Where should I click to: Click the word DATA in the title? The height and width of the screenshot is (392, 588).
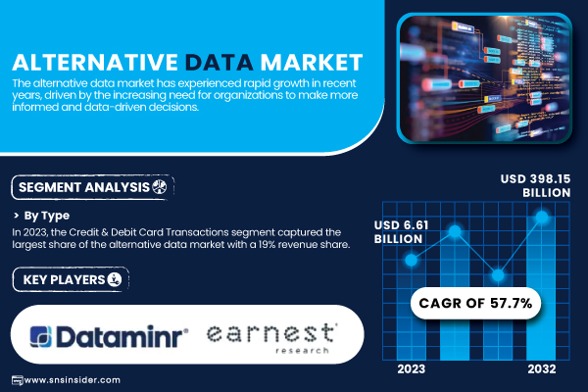220,63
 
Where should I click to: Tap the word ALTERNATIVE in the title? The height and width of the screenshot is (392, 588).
95,63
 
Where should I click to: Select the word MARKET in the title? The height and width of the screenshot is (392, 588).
312,63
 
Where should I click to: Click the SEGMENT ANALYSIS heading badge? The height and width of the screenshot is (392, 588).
93,187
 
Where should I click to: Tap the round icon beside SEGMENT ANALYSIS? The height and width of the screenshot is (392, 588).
160,186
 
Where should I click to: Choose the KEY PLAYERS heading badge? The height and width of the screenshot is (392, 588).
71,279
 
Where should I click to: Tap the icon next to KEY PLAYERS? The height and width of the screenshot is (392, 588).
115,279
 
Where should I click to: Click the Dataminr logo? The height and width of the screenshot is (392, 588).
109,336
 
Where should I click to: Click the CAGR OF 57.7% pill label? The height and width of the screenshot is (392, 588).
475,303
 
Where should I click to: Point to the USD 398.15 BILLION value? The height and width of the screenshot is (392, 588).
535,185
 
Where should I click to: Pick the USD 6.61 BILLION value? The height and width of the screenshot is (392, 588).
401,232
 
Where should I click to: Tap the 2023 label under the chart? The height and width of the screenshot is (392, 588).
412,369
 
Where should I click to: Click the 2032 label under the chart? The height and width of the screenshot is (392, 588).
542,369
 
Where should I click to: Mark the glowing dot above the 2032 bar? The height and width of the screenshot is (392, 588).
542,217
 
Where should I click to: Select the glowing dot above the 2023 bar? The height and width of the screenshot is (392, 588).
412,260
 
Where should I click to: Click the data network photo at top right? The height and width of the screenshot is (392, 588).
484,78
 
